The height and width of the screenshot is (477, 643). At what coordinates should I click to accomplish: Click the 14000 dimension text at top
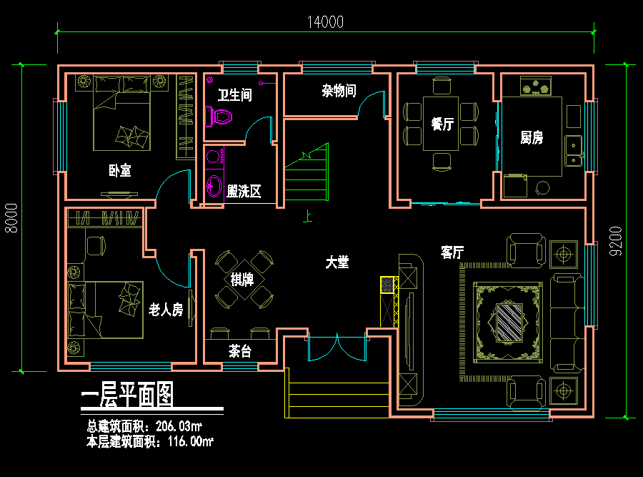point(326,21)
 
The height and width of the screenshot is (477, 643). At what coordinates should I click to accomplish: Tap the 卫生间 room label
point(234,95)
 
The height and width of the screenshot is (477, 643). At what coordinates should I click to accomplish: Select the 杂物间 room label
point(339,91)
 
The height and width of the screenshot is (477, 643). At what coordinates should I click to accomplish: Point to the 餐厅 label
point(442,124)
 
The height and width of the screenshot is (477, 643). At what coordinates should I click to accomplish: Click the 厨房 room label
point(532,137)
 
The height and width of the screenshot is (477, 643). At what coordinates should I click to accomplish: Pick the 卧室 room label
point(120,170)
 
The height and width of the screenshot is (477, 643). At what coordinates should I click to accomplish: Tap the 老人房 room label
point(166,309)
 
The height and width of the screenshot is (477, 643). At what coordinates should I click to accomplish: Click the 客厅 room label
point(452,252)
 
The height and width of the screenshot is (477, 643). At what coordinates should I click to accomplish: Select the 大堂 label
point(337,262)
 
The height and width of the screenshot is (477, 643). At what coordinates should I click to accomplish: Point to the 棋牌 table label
point(242,279)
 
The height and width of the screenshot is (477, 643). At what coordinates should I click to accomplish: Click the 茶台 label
point(239,351)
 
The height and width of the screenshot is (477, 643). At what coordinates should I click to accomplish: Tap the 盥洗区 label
point(243,191)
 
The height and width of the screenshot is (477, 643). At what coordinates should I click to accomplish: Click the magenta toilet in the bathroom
point(219,117)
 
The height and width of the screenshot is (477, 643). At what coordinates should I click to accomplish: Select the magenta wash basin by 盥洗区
point(214,186)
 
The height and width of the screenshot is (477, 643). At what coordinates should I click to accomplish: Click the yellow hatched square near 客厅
point(388,285)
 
